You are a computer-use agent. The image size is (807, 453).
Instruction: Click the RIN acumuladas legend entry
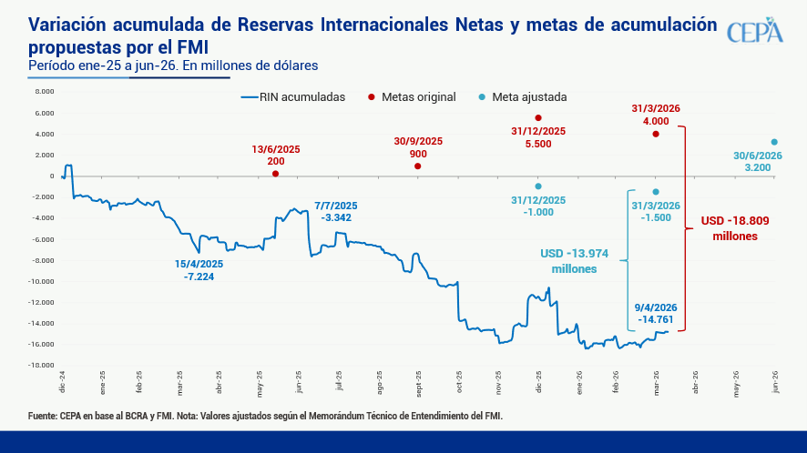coord(291,96)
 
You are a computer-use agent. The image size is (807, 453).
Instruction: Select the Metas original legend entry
coord(412,96)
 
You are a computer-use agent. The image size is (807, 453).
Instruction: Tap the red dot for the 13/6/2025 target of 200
coord(276,174)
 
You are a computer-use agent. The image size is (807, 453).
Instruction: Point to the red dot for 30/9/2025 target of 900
coord(418,166)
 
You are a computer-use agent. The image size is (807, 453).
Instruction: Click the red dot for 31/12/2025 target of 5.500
coord(538,118)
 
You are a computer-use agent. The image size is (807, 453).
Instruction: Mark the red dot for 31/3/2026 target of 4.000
coord(656,134)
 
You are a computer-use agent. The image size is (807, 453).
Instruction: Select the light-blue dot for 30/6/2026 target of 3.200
coord(774,142)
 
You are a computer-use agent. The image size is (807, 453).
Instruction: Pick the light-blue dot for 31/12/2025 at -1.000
coord(538,186)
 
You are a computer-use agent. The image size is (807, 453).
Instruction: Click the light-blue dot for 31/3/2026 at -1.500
coord(656,191)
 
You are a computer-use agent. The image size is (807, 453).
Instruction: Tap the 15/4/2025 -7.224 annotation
coord(199,270)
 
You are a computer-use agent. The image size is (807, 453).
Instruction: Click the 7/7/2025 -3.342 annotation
coord(336,211)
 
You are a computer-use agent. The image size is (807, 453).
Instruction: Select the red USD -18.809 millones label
coord(736,227)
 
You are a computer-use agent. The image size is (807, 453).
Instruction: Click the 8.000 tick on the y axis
coord(44,92)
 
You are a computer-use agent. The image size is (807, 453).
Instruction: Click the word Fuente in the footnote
coord(44,416)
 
